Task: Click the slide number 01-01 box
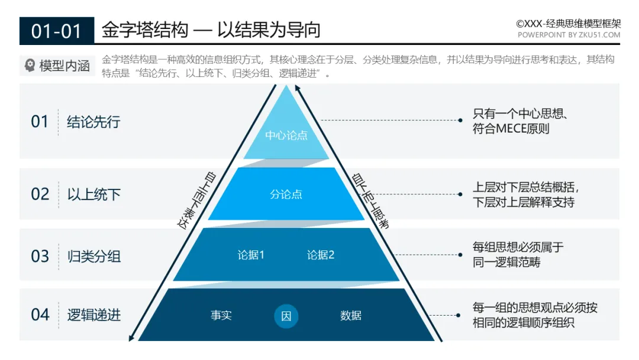click(x=56, y=31)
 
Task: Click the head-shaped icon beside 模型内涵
click(x=30, y=66)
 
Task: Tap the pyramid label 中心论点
click(x=286, y=136)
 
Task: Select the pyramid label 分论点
click(x=286, y=194)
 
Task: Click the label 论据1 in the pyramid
click(x=251, y=255)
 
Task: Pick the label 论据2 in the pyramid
click(x=321, y=255)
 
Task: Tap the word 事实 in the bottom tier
click(x=221, y=316)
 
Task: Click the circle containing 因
click(x=286, y=316)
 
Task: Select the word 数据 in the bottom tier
click(x=351, y=316)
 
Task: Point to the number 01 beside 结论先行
click(x=40, y=122)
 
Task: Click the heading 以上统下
click(x=93, y=194)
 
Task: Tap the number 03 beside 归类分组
click(x=40, y=256)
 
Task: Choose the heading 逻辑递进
click(x=93, y=315)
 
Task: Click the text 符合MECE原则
click(x=511, y=128)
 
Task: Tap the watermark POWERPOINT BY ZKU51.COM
click(x=569, y=35)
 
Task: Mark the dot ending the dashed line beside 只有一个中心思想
click(x=460, y=120)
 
